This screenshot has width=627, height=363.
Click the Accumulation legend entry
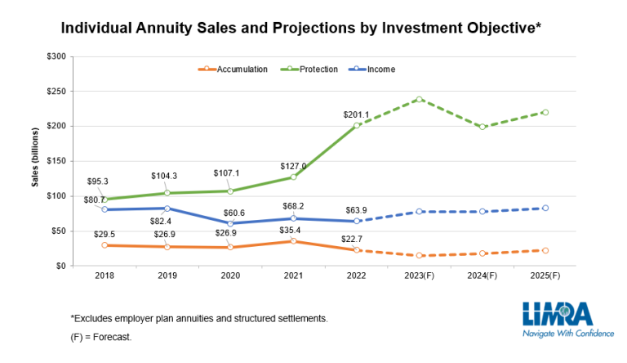coord(242,69)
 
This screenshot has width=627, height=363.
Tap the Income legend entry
coord(380,69)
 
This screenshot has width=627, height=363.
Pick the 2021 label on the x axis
coord(293,276)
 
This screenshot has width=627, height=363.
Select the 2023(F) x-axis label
coord(420,276)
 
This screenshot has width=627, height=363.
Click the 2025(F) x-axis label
coord(545,276)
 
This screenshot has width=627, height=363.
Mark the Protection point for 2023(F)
coord(420,99)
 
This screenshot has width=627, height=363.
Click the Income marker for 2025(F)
coord(545,208)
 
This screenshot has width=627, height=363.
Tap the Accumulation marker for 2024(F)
coord(482,253)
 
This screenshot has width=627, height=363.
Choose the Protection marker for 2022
coord(357,125)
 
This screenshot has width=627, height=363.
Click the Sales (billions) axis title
coord(35,157)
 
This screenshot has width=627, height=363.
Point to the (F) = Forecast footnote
coord(101,336)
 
